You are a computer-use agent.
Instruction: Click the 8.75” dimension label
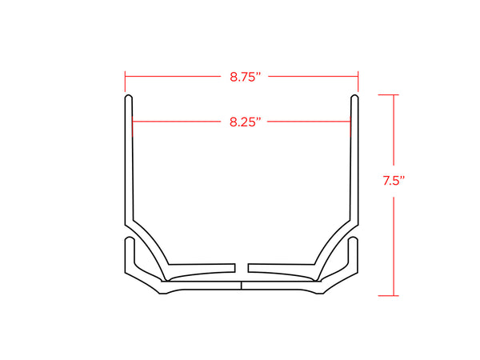pyautogui.click(x=246, y=77)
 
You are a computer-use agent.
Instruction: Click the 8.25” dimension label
pyautogui.click(x=246, y=122)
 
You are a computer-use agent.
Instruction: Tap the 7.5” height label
pyautogui.click(x=394, y=181)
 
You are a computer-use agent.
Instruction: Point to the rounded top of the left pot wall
pyautogui.click(x=129, y=98)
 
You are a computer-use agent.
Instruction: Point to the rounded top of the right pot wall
pyautogui.click(x=354, y=98)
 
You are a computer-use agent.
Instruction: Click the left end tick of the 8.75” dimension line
pyautogui.click(x=125, y=82)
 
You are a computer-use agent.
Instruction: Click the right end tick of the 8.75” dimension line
pyautogui.click(x=358, y=82)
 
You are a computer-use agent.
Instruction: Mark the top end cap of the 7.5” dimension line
pyautogui.click(x=388, y=95)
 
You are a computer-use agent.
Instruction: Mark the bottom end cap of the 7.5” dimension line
pyautogui.click(x=388, y=296)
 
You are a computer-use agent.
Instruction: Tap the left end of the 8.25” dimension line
pyautogui.click(x=133, y=122)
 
